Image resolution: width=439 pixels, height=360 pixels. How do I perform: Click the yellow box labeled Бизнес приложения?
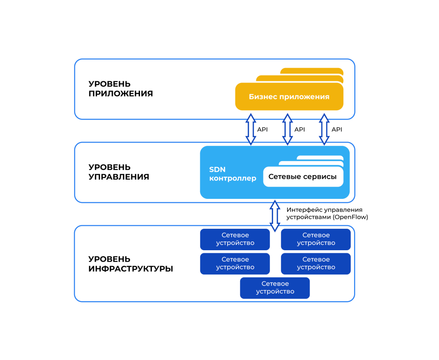tap(289, 97)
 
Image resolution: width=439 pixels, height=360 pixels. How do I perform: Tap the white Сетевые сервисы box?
tap(303, 176)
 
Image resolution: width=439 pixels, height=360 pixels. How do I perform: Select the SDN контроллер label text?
tap(233, 174)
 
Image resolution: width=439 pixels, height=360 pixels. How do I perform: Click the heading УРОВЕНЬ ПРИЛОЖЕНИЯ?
tap(121, 88)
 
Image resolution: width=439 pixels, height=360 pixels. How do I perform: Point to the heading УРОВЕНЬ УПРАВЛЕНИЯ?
tap(119, 172)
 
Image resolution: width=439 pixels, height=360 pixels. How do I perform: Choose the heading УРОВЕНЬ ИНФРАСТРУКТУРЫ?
tap(131, 264)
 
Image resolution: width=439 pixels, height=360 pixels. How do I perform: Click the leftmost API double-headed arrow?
tap(251, 130)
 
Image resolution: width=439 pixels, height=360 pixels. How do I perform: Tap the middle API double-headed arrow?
tap(288, 130)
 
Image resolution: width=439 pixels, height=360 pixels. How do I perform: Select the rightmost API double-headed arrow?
tap(324, 130)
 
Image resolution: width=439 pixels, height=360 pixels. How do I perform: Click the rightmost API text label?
tap(337, 130)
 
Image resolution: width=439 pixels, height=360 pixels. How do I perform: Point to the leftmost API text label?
tap(263, 130)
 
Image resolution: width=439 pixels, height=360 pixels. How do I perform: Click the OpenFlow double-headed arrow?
tap(275, 216)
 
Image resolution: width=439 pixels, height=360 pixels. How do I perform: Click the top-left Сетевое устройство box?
tap(235, 239)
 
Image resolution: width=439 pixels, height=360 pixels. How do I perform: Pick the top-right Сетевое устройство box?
tap(316, 239)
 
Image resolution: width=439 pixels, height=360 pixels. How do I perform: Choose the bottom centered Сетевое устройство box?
tap(275, 288)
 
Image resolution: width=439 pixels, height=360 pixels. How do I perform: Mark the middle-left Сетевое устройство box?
tap(235, 264)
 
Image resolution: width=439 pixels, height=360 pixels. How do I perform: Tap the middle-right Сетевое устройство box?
tap(316, 264)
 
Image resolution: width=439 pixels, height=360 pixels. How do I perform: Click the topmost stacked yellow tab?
tap(312, 71)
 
